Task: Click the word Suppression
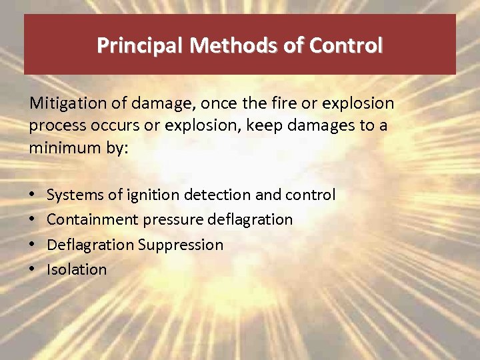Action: pos(181,245)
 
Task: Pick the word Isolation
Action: pos(77,269)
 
